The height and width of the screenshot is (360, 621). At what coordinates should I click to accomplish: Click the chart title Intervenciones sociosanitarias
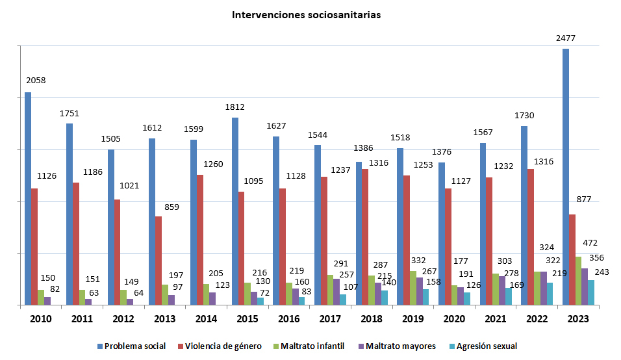click(x=307, y=14)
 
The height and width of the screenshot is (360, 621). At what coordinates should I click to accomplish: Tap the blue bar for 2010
click(x=28, y=198)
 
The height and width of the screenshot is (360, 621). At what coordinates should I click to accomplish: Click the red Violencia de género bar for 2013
click(x=158, y=260)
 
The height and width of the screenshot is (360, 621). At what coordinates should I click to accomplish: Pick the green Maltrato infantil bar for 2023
click(x=578, y=280)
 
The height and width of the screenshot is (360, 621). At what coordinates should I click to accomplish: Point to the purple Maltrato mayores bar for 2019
click(x=420, y=290)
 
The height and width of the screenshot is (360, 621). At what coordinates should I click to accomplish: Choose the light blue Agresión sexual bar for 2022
click(x=550, y=293)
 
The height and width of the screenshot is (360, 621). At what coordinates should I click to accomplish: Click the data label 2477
click(x=566, y=38)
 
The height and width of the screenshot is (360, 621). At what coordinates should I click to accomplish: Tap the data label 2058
click(x=36, y=81)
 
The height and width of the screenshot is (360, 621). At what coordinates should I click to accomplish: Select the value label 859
click(x=171, y=207)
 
